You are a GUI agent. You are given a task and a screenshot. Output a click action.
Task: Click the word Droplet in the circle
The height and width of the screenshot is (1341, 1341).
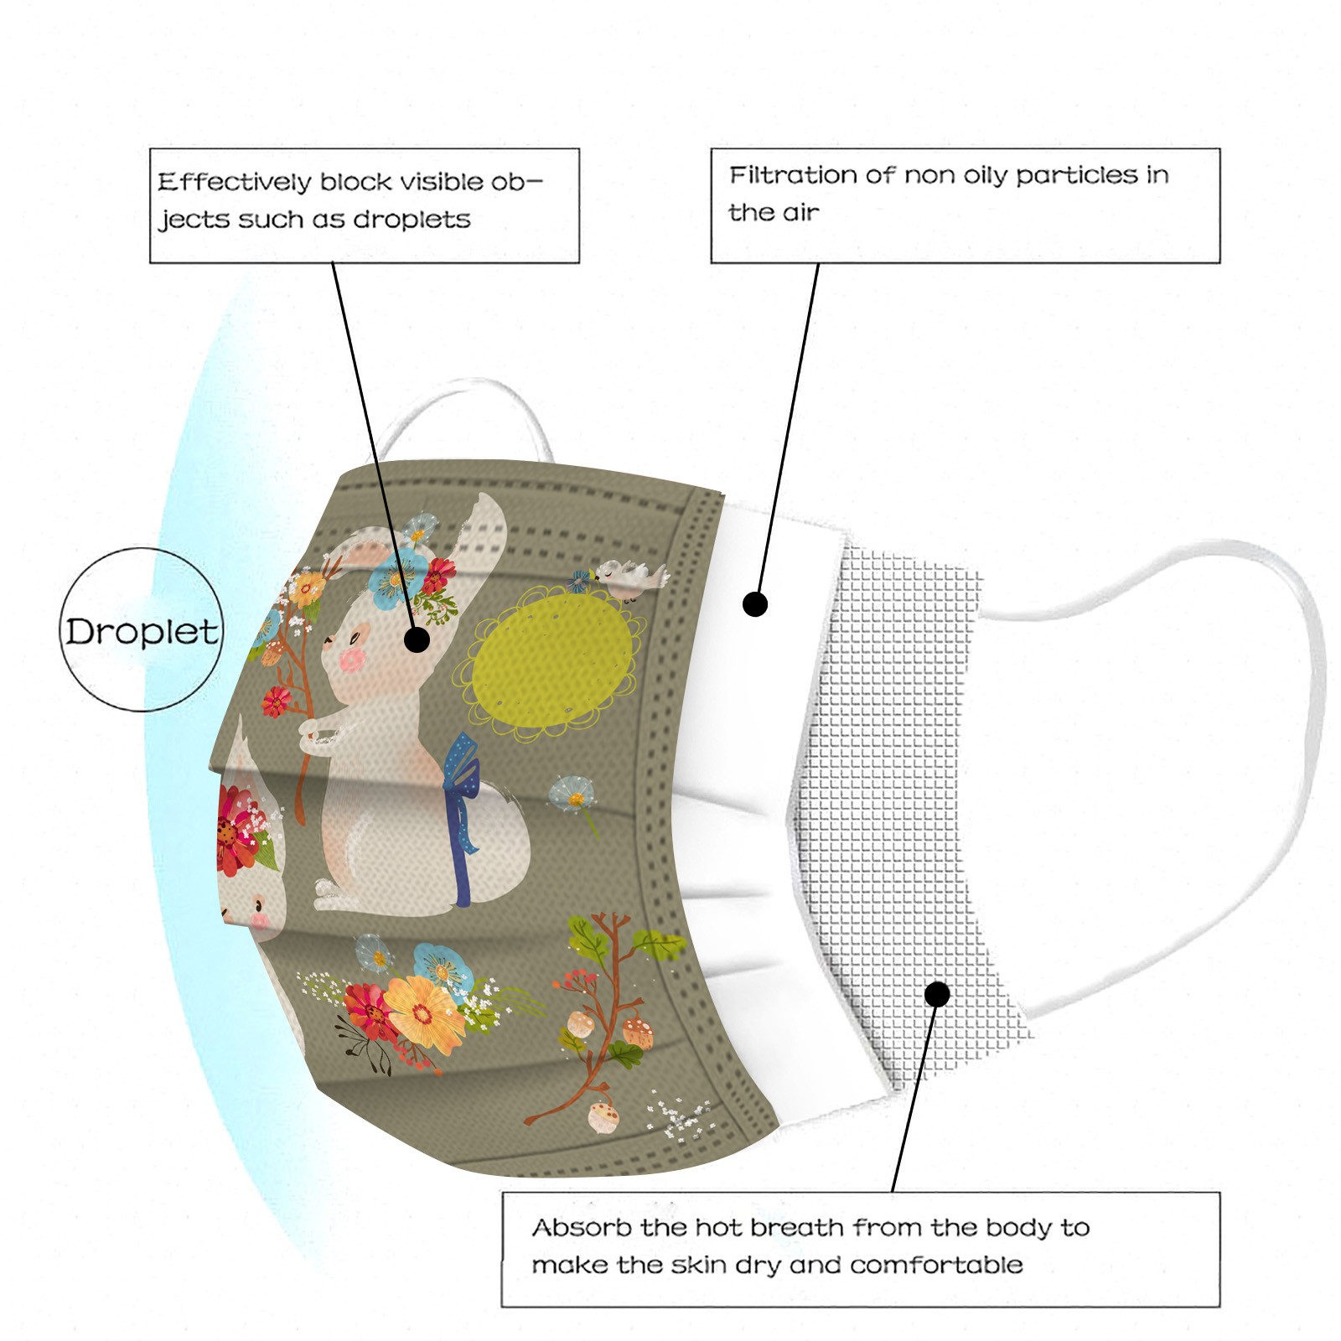point(142,631)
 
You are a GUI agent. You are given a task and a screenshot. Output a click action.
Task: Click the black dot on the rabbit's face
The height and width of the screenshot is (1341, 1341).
point(417,639)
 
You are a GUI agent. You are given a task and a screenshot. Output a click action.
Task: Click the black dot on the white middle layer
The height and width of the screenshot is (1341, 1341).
point(755,603)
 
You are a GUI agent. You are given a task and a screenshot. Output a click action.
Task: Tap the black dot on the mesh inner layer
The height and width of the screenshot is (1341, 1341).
point(937,994)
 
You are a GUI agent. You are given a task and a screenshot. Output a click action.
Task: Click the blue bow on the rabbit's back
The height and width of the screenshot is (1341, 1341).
point(462,788)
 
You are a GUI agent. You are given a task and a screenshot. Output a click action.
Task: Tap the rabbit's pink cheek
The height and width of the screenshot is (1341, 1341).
point(353,661)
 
